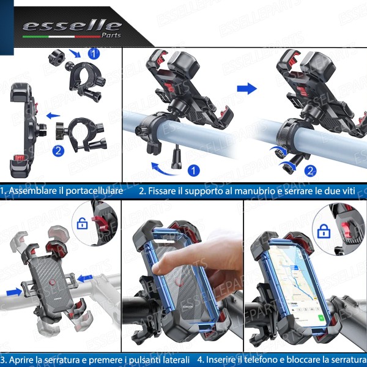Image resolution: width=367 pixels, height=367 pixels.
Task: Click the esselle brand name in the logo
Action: (x=72, y=25)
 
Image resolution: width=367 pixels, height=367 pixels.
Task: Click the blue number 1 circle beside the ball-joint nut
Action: (x=94, y=53)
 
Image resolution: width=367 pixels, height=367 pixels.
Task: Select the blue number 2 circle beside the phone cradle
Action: (x=58, y=150)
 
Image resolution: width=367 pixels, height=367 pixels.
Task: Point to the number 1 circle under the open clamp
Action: (x=193, y=170)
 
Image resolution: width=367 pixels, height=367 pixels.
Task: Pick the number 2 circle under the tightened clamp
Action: (x=310, y=170)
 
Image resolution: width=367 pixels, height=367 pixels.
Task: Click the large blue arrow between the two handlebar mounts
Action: (x=247, y=89)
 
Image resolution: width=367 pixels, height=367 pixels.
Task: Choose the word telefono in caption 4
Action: (x=267, y=359)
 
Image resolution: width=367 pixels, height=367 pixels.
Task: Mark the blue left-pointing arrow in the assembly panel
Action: (x=54, y=114)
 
